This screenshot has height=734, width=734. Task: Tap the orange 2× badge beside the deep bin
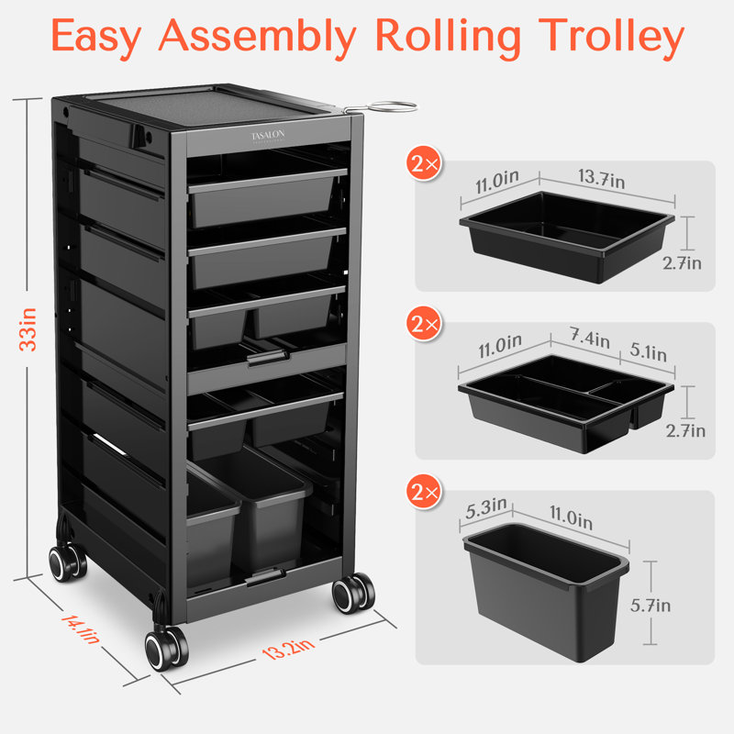[x=425, y=493]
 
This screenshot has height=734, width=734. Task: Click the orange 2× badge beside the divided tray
[x=425, y=326]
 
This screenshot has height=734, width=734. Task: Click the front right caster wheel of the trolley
[x=352, y=594]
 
